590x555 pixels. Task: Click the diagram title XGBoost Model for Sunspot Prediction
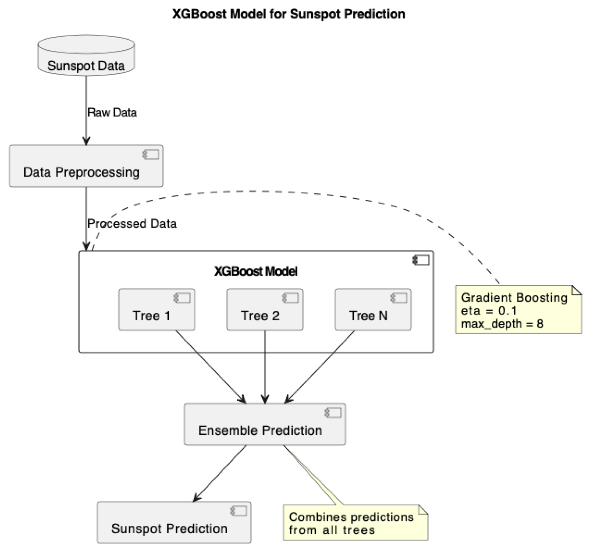(289, 14)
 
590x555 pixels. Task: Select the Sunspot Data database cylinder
(86, 56)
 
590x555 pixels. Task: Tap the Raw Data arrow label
(112, 113)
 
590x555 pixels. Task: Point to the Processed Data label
(132, 224)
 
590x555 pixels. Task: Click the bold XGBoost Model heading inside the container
(256, 272)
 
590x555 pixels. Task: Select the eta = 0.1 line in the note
(489, 311)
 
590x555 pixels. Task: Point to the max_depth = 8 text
(502, 324)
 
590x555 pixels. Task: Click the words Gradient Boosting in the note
(514, 298)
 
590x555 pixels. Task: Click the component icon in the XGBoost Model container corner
(421, 260)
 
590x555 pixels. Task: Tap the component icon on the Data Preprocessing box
(151, 155)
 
